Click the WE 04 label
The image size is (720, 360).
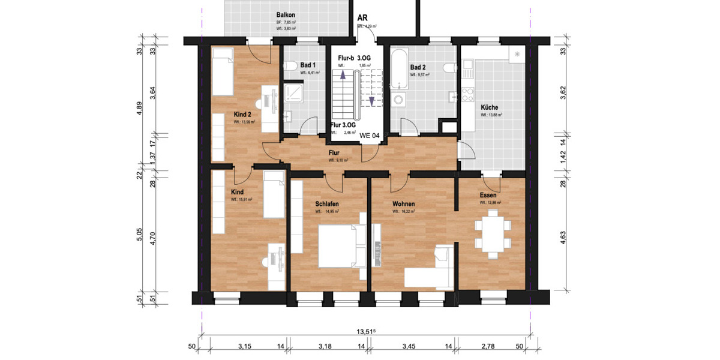pos(369,136)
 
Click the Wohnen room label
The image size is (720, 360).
pos(403,204)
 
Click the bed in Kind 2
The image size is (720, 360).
pos(222,72)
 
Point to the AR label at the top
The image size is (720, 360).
pos(362,19)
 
